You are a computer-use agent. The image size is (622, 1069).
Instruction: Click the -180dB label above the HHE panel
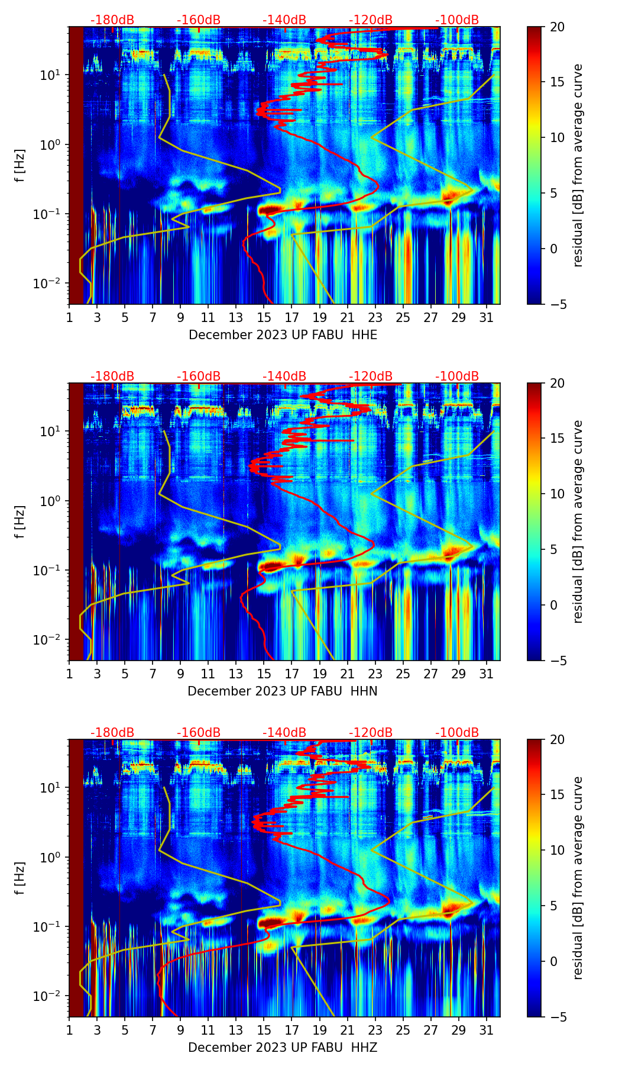click(112, 20)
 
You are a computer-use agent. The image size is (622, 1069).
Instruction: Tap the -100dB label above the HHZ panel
click(457, 733)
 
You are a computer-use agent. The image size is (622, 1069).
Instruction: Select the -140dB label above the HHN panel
click(284, 376)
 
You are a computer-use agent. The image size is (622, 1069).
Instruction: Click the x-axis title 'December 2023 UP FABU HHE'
click(283, 335)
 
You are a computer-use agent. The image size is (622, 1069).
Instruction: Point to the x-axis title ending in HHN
click(283, 691)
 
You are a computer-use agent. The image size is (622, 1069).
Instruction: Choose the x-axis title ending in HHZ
click(283, 1048)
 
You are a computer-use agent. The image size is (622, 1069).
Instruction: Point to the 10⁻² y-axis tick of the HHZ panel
click(49, 996)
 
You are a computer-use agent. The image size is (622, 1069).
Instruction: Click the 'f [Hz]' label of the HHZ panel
click(20, 878)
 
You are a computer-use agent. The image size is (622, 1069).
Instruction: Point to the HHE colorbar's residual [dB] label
click(578, 165)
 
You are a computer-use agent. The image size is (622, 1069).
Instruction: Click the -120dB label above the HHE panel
click(371, 20)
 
